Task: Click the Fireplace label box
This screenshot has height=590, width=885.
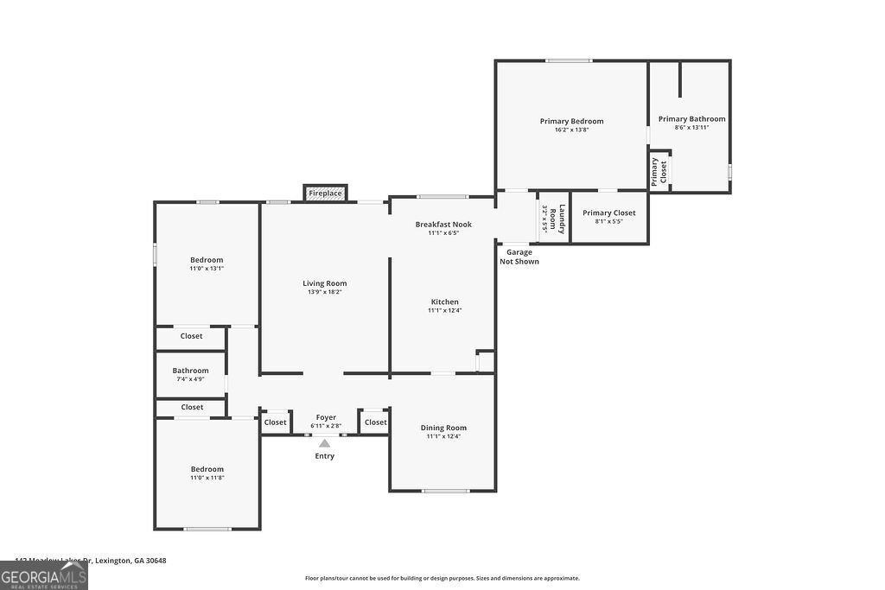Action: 325,193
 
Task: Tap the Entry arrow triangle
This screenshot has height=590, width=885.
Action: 324,443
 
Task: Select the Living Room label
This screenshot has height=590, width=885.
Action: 324,283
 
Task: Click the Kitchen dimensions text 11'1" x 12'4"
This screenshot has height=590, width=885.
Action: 444,310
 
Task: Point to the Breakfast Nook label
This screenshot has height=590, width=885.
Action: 443,225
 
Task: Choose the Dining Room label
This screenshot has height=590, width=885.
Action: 443,428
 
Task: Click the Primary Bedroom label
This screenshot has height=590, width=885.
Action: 571,121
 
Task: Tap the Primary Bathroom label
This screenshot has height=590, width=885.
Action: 691,119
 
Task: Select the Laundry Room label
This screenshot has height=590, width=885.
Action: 561,218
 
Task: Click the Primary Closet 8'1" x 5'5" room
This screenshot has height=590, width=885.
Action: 608,217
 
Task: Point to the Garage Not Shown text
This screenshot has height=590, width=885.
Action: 519,257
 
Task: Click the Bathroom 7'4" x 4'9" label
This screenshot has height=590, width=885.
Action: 190,371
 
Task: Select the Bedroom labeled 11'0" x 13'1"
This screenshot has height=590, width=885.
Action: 207,260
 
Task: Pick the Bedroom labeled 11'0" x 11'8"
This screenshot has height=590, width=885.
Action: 207,469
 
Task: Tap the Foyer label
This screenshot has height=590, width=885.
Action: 326,417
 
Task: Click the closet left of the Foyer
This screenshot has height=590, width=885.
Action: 275,422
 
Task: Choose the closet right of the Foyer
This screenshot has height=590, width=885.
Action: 375,422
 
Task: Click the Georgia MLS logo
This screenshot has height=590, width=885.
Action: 43,576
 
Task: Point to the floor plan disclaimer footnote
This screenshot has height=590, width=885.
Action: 442,579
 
